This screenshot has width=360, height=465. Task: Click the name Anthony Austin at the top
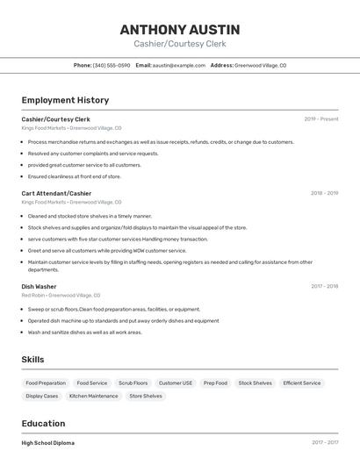coord(180,29)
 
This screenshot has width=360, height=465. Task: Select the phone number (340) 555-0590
coord(112,65)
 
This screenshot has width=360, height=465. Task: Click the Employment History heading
coord(65,100)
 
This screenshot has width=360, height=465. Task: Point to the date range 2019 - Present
coord(320,118)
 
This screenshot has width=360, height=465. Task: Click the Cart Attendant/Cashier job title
coord(56,193)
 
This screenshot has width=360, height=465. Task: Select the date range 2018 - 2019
coord(324,193)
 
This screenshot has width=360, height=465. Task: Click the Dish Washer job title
coord(39,286)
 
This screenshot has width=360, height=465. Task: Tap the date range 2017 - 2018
coord(324,286)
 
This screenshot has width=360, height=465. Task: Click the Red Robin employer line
coord(61,296)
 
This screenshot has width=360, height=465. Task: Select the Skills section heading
coord(32,360)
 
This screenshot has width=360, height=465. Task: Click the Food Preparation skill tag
coord(46,383)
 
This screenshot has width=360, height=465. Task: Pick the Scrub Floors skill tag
coord(133,383)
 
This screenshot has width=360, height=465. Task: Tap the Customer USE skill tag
coord(176,383)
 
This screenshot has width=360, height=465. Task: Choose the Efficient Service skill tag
coord(302,383)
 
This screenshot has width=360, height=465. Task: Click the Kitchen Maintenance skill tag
coord(94,397)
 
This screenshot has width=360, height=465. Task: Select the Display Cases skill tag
coord(42,397)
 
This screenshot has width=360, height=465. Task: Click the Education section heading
coord(43,424)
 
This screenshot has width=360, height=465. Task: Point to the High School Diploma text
coord(48,443)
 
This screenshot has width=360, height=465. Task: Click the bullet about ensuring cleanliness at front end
coord(74,176)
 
